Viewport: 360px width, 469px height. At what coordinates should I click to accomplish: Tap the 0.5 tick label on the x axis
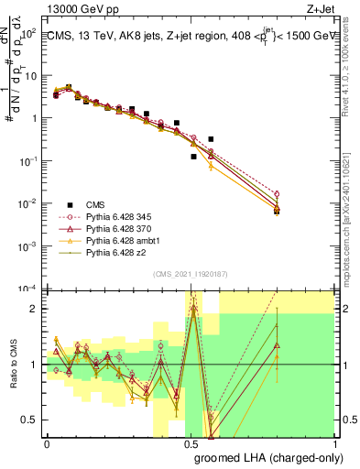coord(191,443)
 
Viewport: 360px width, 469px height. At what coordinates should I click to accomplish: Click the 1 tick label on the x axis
coord(334,443)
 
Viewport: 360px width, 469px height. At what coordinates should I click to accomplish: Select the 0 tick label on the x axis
coord(47,443)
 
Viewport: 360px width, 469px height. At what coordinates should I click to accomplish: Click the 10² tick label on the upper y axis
coord(28,33)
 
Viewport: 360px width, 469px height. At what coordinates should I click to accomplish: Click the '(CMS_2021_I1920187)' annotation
coord(189,274)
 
